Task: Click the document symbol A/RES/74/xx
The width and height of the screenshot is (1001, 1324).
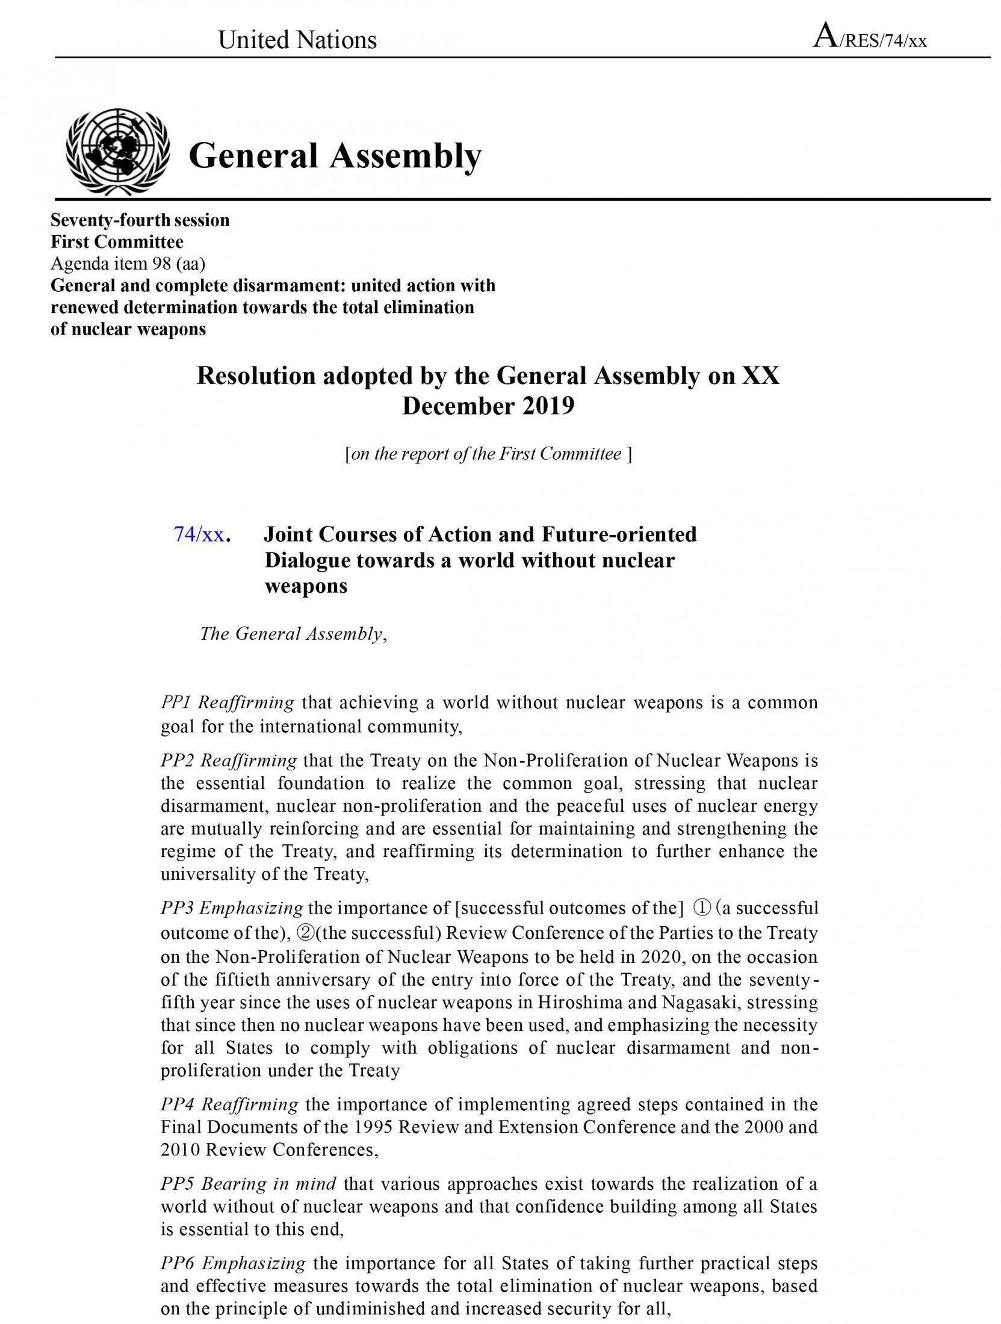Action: tap(870, 38)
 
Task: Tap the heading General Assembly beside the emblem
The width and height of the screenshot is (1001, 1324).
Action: tap(335, 155)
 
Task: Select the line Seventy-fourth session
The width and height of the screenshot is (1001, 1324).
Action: tap(140, 220)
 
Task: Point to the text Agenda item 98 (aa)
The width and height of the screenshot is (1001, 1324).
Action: tap(128, 264)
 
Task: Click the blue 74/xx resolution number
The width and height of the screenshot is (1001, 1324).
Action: tap(199, 534)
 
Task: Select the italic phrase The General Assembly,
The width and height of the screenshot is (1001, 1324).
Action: tap(293, 634)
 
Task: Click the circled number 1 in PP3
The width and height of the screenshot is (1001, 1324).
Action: tap(702, 908)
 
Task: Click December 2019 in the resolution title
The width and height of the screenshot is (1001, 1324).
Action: tap(488, 406)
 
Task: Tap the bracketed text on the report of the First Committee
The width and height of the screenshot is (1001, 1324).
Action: tap(488, 454)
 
